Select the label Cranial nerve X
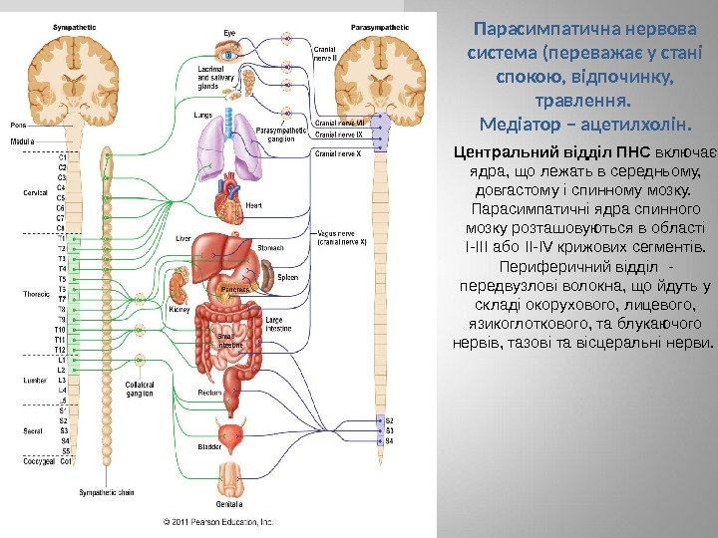[x=335, y=154]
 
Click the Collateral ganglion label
[x=140, y=389]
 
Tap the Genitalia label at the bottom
[x=230, y=503]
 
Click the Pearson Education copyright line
[x=217, y=521]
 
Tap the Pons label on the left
[x=18, y=126]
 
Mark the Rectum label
[x=209, y=392]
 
